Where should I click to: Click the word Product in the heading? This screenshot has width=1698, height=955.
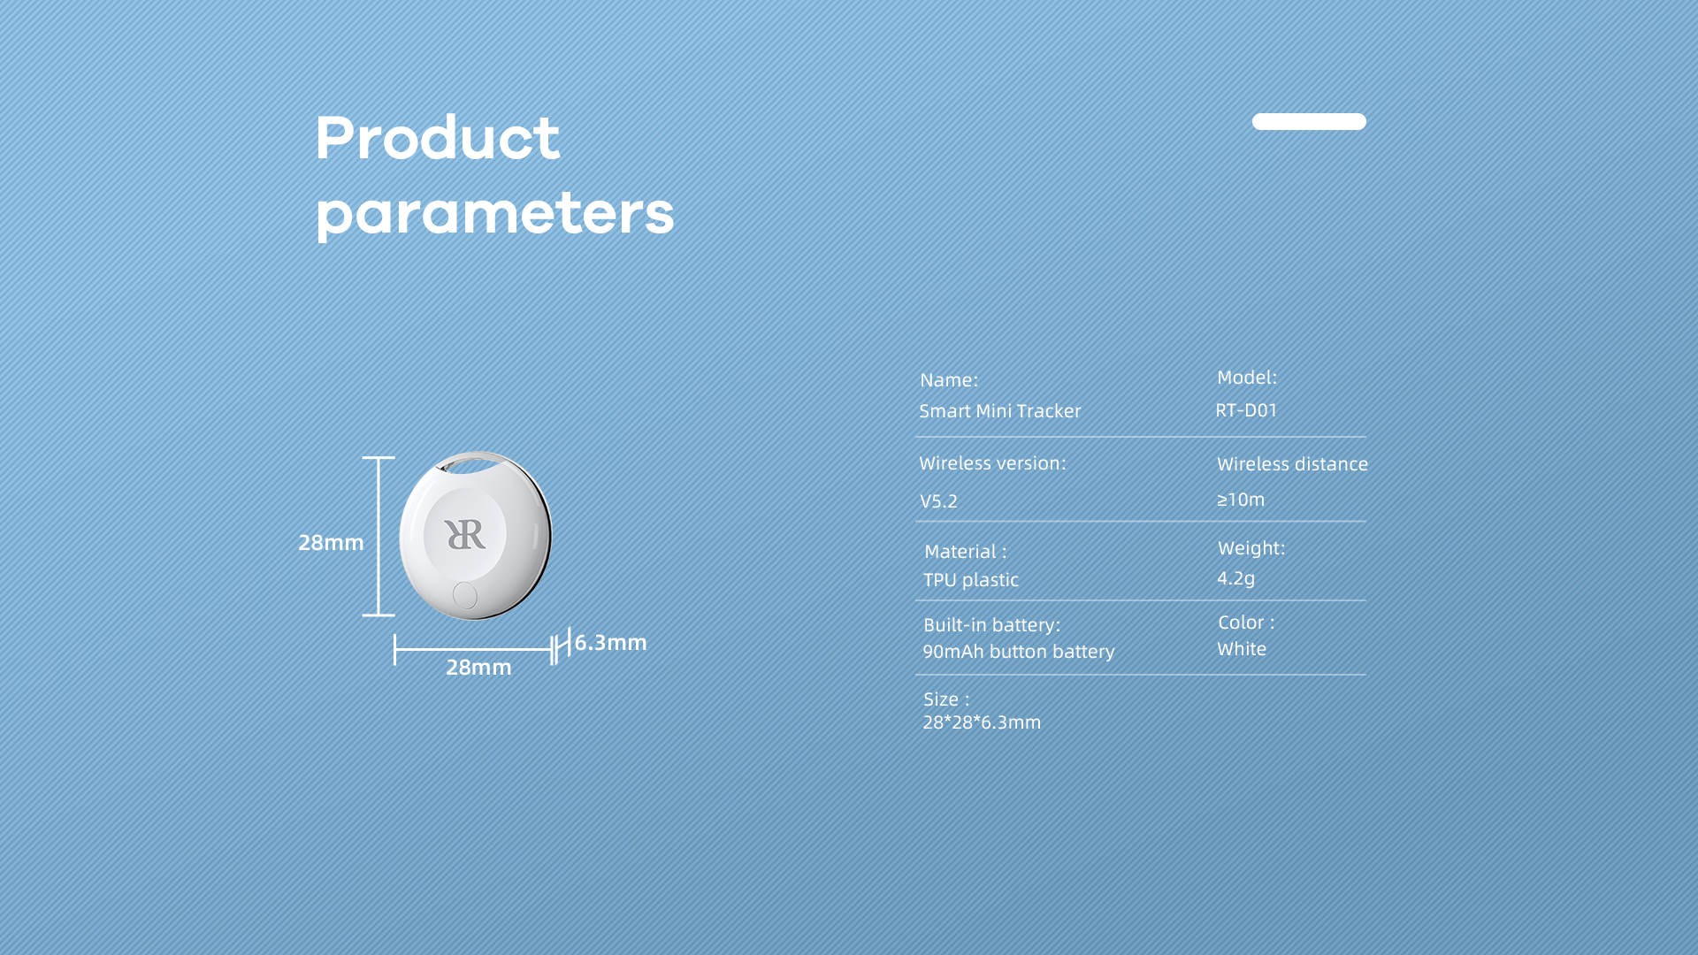tap(438, 138)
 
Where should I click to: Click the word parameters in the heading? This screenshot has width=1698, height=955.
tap(495, 215)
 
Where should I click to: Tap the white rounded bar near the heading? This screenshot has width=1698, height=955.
tap(1309, 121)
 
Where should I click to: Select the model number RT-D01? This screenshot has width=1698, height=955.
tap(1246, 410)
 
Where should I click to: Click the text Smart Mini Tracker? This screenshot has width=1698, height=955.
tap(999, 411)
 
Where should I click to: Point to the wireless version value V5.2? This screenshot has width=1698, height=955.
tap(938, 501)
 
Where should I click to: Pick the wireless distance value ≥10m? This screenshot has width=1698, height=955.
tap(1241, 500)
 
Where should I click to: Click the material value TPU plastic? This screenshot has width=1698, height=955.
tap(971, 580)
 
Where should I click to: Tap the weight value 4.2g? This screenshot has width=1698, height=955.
tap(1235, 578)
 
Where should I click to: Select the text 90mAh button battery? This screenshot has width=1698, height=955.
tap(1018, 652)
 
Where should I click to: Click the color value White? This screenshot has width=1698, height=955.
tap(1242, 649)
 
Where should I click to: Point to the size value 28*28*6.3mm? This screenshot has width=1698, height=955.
tap(982, 722)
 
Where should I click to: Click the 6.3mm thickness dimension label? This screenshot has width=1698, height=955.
tap(610, 643)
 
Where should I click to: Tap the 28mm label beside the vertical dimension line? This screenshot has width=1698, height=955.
tap(331, 543)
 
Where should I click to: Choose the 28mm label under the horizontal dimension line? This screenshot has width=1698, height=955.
tap(478, 668)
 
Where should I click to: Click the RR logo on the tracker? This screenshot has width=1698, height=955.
tap(465, 534)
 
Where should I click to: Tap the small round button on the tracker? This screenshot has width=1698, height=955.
tap(464, 595)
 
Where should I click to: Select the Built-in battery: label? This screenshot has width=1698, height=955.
tap(991, 625)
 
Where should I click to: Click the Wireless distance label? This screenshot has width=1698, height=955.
tap(1292, 464)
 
